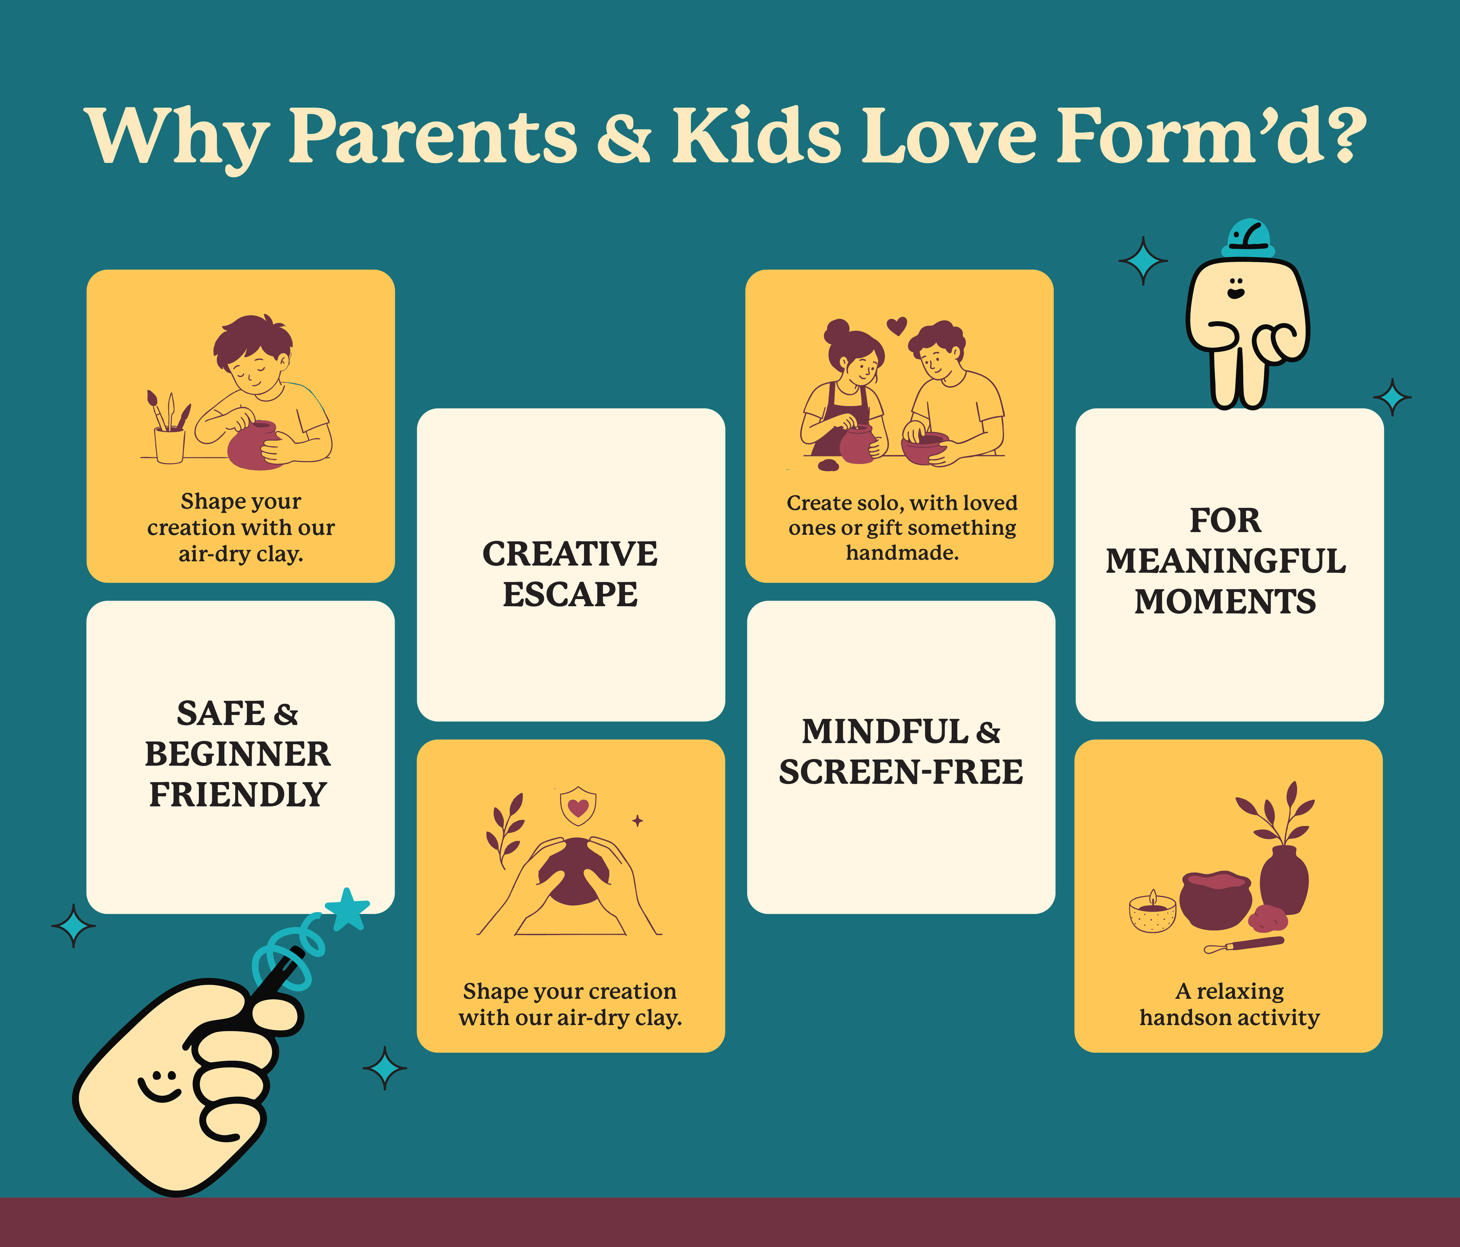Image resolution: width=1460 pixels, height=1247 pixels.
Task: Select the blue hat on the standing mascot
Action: coord(1248,238)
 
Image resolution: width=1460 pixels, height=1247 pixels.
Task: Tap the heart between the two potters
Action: coord(896,326)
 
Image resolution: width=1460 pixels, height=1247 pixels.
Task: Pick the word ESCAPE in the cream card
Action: coord(570,594)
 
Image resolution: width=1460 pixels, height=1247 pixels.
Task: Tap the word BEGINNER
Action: coord(238,754)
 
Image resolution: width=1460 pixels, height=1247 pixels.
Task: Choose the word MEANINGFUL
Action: coord(1225,561)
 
